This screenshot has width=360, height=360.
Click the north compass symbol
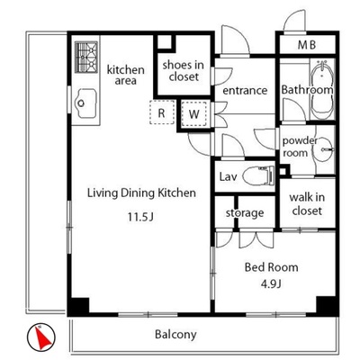pyautogui.click(x=41, y=337)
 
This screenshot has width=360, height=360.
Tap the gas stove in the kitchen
pyautogui.click(x=86, y=57)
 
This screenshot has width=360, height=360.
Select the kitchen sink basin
pyautogui.click(x=85, y=103)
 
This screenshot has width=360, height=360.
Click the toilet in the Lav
pyautogui.click(x=258, y=175)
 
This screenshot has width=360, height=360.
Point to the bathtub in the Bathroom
pyautogui.click(x=322, y=90)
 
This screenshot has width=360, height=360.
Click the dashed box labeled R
pyautogui.click(x=162, y=112)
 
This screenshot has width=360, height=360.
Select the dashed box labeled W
pyautogui.click(x=194, y=113)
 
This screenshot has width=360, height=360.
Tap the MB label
pyautogui.click(x=307, y=45)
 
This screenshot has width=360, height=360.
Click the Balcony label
pyautogui.click(x=175, y=334)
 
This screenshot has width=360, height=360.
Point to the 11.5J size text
pyautogui.click(x=140, y=217)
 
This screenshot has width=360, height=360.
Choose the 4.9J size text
pyautogui.click(x=271, y=283)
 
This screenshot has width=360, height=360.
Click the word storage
pyautogui.click(x=245, y=213)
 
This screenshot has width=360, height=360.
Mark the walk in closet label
pyautogui.click(x=307, y=204)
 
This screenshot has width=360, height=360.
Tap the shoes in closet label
pyautogui.click(x=184, y=71)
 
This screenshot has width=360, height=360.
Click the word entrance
pyautogui.click(x=245, y=90)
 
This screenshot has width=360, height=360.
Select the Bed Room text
pyautogui.click(x=272, y=267)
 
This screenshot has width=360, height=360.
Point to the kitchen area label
pyautogui.click(x=126, y=75)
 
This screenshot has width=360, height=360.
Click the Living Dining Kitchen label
pyautogui.click(x=141, y=193)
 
